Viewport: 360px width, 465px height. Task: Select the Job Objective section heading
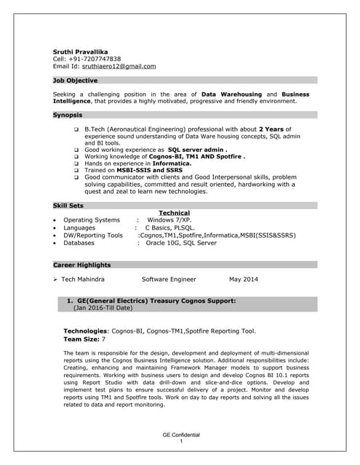(x=76, y=80)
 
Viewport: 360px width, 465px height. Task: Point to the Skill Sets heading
(x=69, y=206)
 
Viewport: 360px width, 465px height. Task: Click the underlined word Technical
(x=174, y=213)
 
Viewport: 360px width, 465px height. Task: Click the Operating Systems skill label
(x=92, y=219)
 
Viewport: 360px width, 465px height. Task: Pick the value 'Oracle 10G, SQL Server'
(x=181, y=243)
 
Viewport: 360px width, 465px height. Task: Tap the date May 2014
(x=244, y=279)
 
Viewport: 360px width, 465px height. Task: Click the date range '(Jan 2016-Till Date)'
(x=103, y=307)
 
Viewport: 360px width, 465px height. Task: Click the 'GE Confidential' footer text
(x=180, y=434)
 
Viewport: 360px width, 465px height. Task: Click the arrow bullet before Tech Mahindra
(x=55, y=279)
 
